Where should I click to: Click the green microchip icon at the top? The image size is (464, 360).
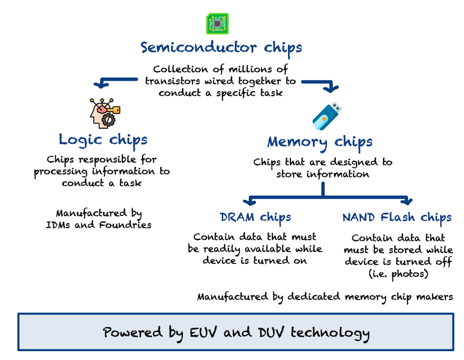[217, 24]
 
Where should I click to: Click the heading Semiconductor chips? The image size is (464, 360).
[221, 48]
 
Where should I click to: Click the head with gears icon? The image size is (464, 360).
[105, 113]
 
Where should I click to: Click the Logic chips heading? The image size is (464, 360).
[103, 140]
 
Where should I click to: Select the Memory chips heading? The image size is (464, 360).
[320, 141]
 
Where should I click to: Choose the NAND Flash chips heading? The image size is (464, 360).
[397, 218]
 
